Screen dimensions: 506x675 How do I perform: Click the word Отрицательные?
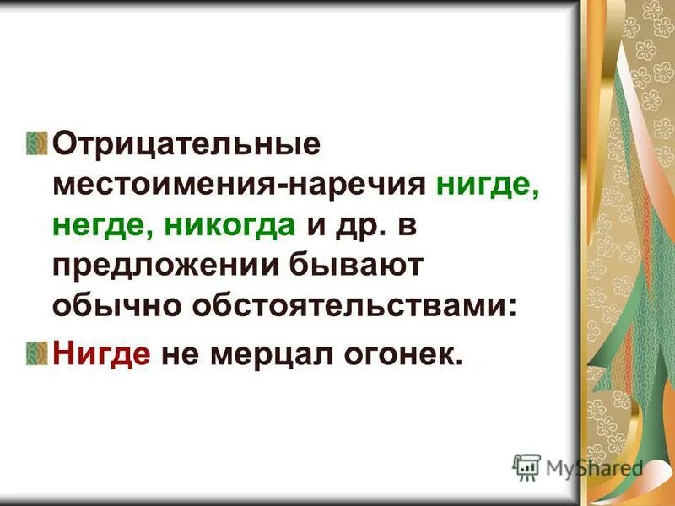click(x=186, y=143)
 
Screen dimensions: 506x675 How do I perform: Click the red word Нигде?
click(x=101, y=355)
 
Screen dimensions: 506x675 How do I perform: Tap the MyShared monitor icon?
click(x=526, y=466)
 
